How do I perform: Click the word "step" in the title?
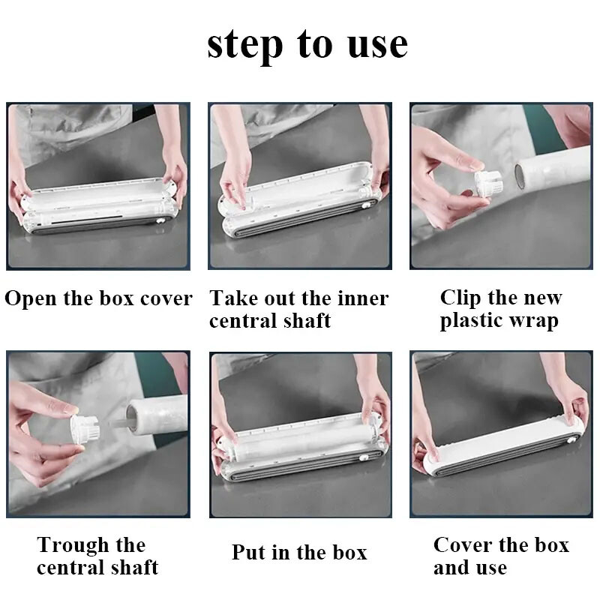pos(245,46)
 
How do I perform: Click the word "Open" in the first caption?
pos(31,298)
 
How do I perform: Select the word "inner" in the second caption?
pos(362,298)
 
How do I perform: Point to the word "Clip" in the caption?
pos(460,298)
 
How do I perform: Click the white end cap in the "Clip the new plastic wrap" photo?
pos(489,183)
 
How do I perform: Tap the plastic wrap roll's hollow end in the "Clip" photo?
pos(520,176)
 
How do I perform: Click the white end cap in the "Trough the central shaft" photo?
pos(85,429)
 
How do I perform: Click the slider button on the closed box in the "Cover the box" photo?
pos(571,440)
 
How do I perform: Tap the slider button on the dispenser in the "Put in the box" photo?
pos(364,457)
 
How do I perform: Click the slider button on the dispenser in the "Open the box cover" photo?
pos(160,221)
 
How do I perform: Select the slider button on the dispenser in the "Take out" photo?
pos(367,205)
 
